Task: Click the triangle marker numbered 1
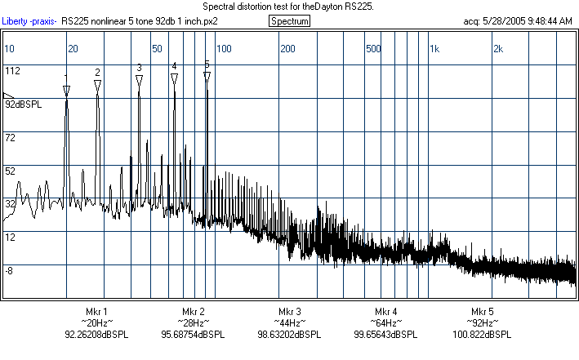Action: click(x=66, y=89)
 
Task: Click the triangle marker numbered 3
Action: click(x=140, y=79)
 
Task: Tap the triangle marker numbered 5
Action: click(x=207, y=76)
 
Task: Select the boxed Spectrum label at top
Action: click(x=289, y=21)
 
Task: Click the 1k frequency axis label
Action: click(x=434, y=49)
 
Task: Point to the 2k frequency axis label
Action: click(x=498, y=49)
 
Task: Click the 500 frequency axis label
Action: click(x=374, y=49)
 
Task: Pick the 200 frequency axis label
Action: click(x=287, y=49)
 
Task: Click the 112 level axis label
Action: click(x=12, y=71)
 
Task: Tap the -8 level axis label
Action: click(x=11, y=270)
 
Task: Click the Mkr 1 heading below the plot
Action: click(x=96, y=312)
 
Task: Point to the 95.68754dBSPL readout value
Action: click(x=193, y=335)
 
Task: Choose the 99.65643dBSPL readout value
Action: click(x=385, y=335)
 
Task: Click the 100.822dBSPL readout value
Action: click(x=482, y=335)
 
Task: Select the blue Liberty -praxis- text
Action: click(x=31, y=21)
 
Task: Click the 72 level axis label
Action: click(x=11, y=138)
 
